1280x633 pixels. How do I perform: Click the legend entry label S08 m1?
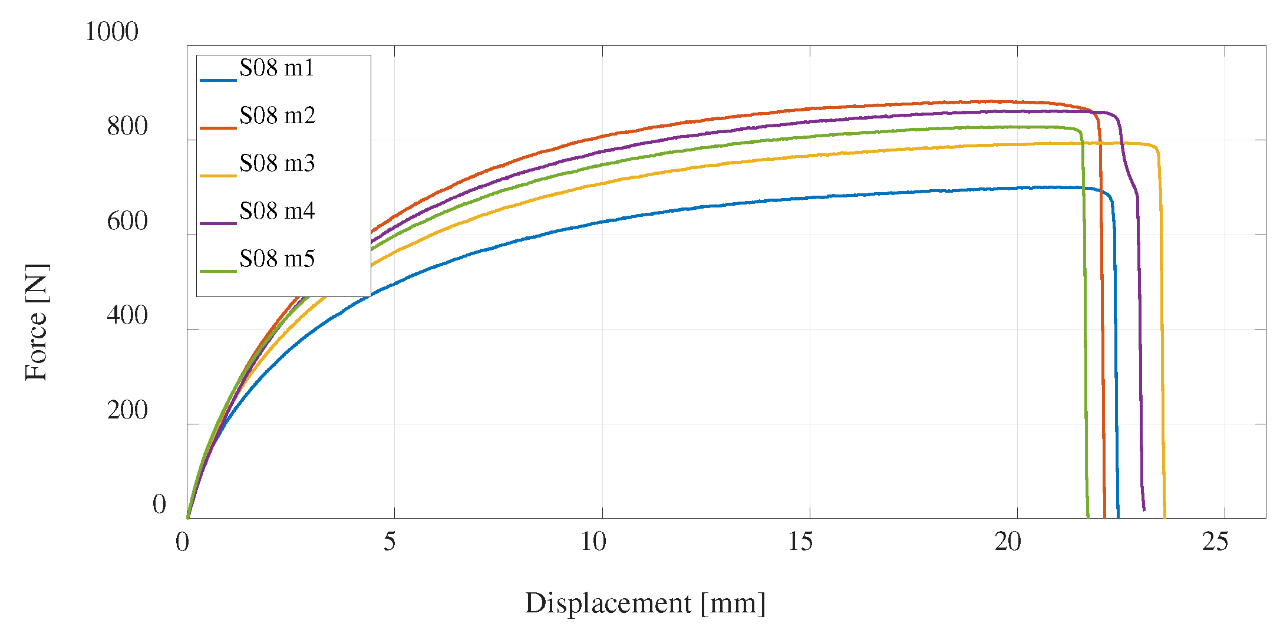point(276,68)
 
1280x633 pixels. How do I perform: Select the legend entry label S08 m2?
point(277,116)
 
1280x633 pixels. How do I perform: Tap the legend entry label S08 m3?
point(277,163)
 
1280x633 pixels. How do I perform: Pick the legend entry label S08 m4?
point(277,211)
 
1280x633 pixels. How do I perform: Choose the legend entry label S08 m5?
point(277,259)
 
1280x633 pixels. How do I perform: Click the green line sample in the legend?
point(218,271)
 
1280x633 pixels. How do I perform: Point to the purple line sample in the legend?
point(218,223)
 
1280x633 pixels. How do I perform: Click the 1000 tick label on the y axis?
point(111,32)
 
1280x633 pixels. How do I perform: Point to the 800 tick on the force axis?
point(127,127)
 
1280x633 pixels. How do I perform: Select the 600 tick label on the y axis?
point(127,222)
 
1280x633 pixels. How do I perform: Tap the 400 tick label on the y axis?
point(127,316)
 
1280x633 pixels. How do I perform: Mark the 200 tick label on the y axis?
point(127,411)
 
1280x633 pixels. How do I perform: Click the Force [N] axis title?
point(37,322)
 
